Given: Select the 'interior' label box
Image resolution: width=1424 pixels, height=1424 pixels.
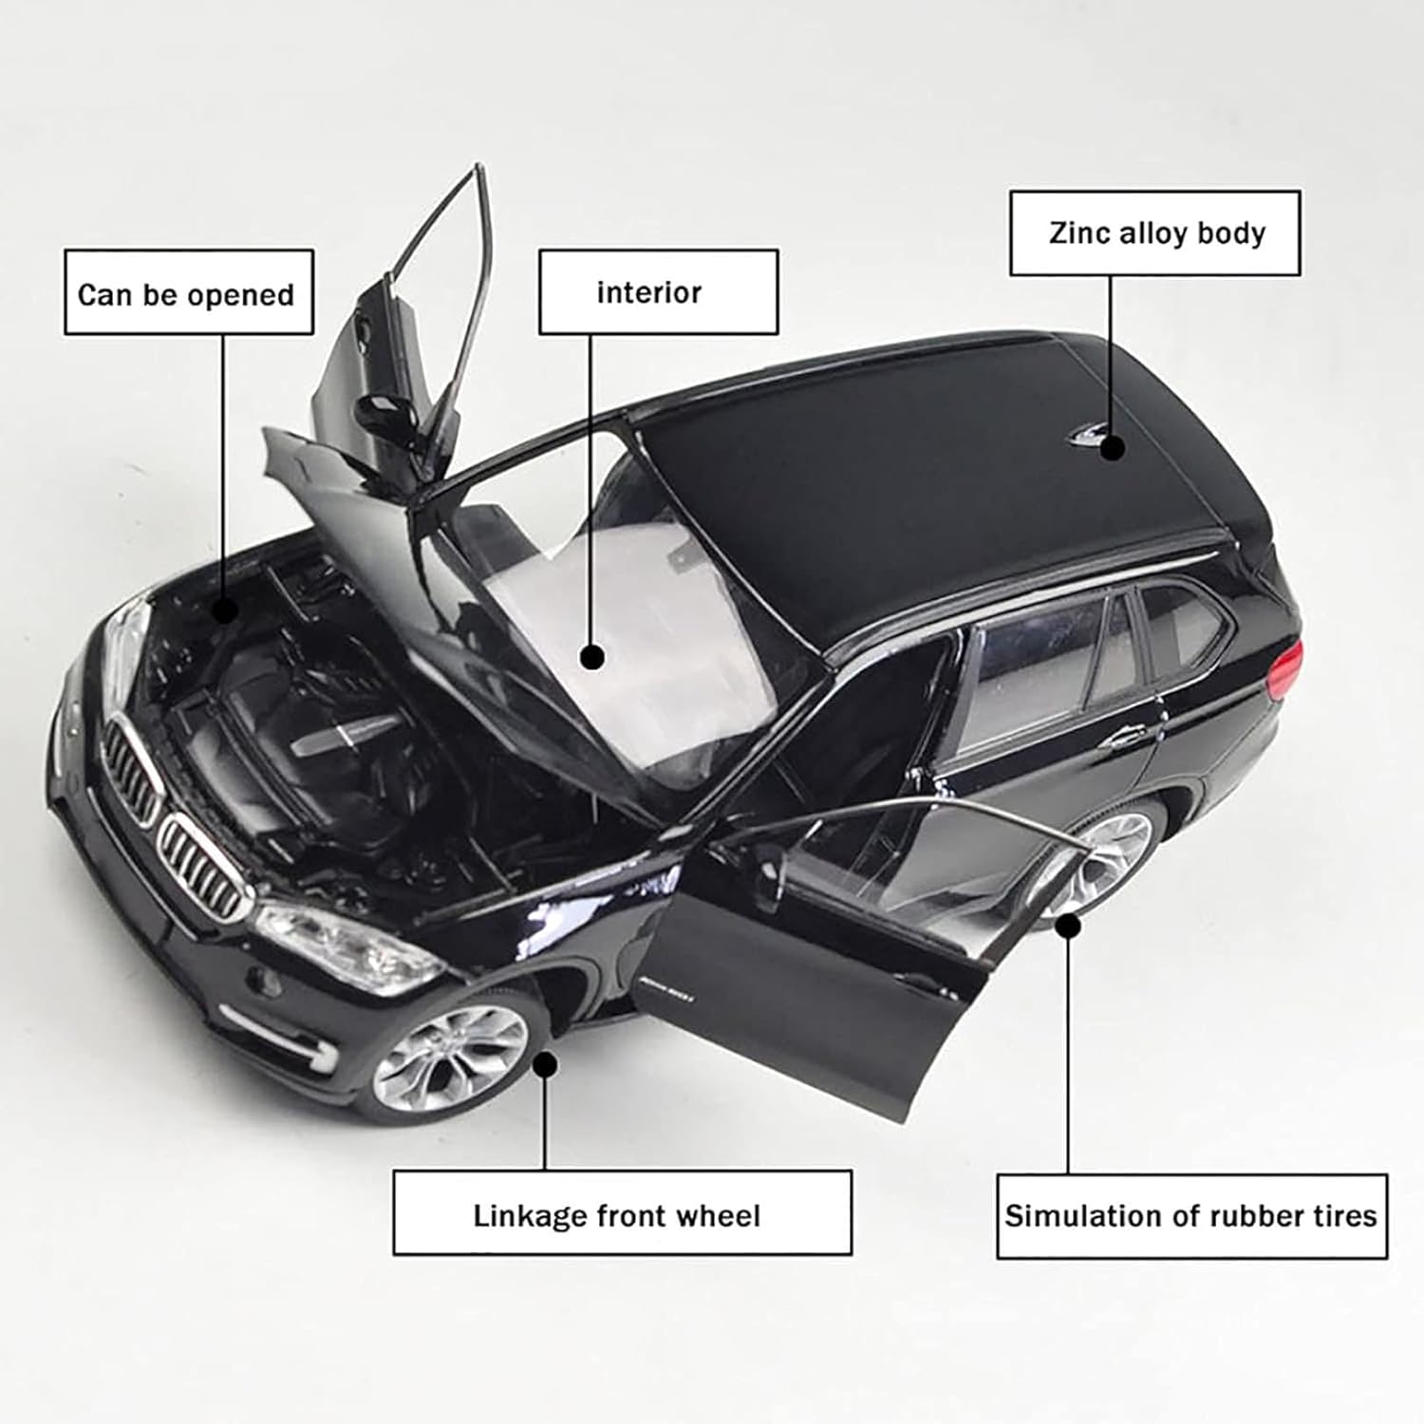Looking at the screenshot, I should tap(658, 292).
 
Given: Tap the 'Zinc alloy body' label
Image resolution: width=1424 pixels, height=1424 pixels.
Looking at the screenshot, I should tap(1154, 233).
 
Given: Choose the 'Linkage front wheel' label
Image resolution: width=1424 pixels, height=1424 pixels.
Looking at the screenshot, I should tap(622, 1214).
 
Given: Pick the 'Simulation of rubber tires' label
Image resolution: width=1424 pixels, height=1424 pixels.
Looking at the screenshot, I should tap(1191, 1216).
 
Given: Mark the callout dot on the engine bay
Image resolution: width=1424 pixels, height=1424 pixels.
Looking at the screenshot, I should tap(225, 609).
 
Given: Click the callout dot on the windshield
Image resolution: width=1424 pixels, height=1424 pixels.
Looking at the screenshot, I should tap(593, 657).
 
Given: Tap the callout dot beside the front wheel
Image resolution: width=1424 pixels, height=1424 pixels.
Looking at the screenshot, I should tap(545, 1065).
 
